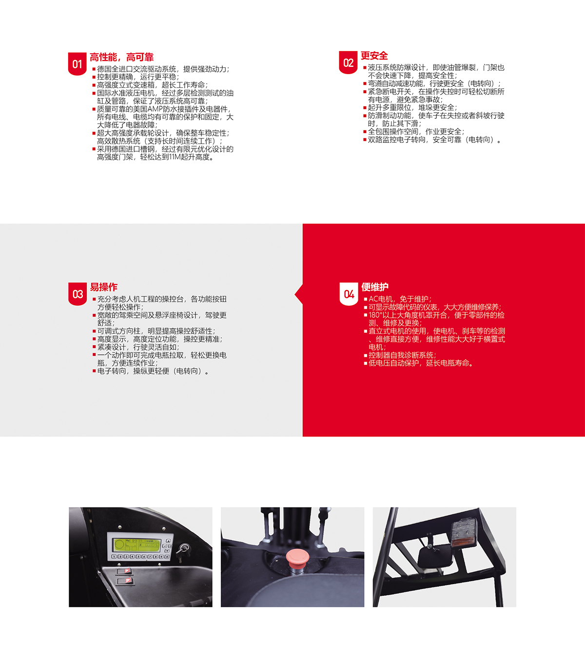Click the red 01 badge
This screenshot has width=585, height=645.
[77, 64]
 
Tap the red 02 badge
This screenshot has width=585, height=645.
[348, 62]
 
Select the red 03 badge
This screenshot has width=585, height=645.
[78, 294]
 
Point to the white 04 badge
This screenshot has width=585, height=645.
[349, 294]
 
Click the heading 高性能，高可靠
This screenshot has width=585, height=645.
[121, 57]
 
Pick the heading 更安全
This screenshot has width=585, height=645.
[374, 56]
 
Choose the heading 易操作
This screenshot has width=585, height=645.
[103, 287]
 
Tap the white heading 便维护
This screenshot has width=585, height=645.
[375, 287]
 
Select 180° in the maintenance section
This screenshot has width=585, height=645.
[375, 315]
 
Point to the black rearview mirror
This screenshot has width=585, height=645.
[435, 560]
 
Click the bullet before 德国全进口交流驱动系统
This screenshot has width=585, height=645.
[94, 69]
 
